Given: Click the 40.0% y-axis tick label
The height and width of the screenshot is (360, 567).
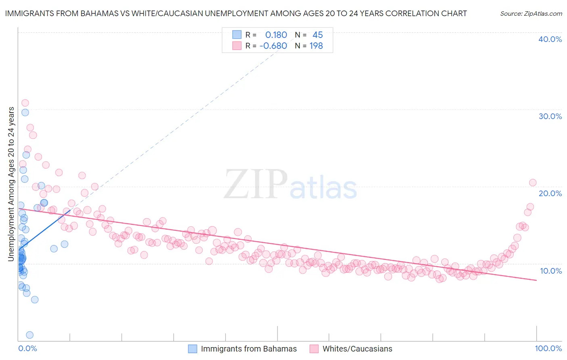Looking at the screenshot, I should pos(550,39).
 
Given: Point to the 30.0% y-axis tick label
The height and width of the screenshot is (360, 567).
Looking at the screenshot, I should pos(550,116).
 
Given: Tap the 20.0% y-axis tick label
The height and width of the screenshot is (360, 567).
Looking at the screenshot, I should pos(550,193).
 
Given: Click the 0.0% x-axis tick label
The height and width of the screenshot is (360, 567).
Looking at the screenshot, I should pos(27,348).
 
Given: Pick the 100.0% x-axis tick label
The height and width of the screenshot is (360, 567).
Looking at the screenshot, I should pos(548,348).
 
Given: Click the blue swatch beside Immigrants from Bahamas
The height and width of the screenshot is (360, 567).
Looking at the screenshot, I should pos(193,349).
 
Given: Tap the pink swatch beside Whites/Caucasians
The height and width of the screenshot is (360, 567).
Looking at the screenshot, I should pos(314,349).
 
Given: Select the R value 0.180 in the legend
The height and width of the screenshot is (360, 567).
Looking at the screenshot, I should pos(276,35).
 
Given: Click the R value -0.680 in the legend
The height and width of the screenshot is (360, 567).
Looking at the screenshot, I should pos(273,46).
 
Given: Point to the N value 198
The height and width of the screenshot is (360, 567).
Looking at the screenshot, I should pos(316,46).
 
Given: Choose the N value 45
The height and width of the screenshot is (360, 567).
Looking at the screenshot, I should pos(318,35).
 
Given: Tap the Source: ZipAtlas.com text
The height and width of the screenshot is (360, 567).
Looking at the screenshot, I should pos(531,13).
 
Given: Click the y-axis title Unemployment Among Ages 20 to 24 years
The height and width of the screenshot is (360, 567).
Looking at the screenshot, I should pos(11,184).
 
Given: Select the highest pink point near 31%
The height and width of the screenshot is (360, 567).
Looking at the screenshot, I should pos(25,103).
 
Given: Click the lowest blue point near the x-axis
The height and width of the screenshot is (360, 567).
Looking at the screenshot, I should pos(29,335).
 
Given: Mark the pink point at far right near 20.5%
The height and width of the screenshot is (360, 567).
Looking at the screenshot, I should pos(533,182).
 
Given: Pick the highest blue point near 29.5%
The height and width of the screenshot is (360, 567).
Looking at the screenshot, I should pos(25,113).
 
